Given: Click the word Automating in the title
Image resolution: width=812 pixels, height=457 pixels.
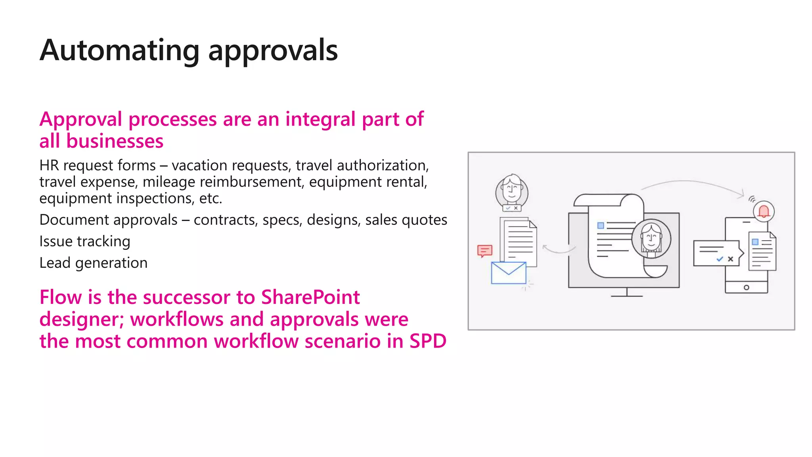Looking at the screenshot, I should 119,51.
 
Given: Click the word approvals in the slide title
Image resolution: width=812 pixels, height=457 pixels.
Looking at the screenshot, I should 273,51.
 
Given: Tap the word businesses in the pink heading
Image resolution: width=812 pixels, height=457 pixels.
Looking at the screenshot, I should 115,141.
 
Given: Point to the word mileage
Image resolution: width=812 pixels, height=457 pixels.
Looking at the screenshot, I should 169,182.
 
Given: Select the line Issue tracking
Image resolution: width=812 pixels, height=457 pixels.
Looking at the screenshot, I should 85,241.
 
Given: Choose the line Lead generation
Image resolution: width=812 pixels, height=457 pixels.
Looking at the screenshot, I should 93,263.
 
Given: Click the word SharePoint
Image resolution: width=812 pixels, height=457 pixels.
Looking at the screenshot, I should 310,297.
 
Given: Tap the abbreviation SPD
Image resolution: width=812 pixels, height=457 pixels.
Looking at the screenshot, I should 428,341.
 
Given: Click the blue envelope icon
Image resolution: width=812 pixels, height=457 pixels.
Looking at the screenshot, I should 508,273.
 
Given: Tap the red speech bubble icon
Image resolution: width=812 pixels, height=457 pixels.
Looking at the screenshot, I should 485,251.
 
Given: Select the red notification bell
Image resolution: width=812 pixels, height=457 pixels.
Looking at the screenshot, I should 764,211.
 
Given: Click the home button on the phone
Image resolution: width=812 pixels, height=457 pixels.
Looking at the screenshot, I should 746,287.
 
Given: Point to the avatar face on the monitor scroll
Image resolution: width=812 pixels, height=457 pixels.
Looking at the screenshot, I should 651,238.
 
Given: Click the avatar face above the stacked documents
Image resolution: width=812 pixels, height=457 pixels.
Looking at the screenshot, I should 511,190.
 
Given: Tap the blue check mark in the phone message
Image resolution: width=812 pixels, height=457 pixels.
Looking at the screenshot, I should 720,259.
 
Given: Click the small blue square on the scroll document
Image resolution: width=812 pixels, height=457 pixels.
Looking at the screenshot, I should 601,225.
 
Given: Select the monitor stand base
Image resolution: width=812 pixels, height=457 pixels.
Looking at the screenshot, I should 626,296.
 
